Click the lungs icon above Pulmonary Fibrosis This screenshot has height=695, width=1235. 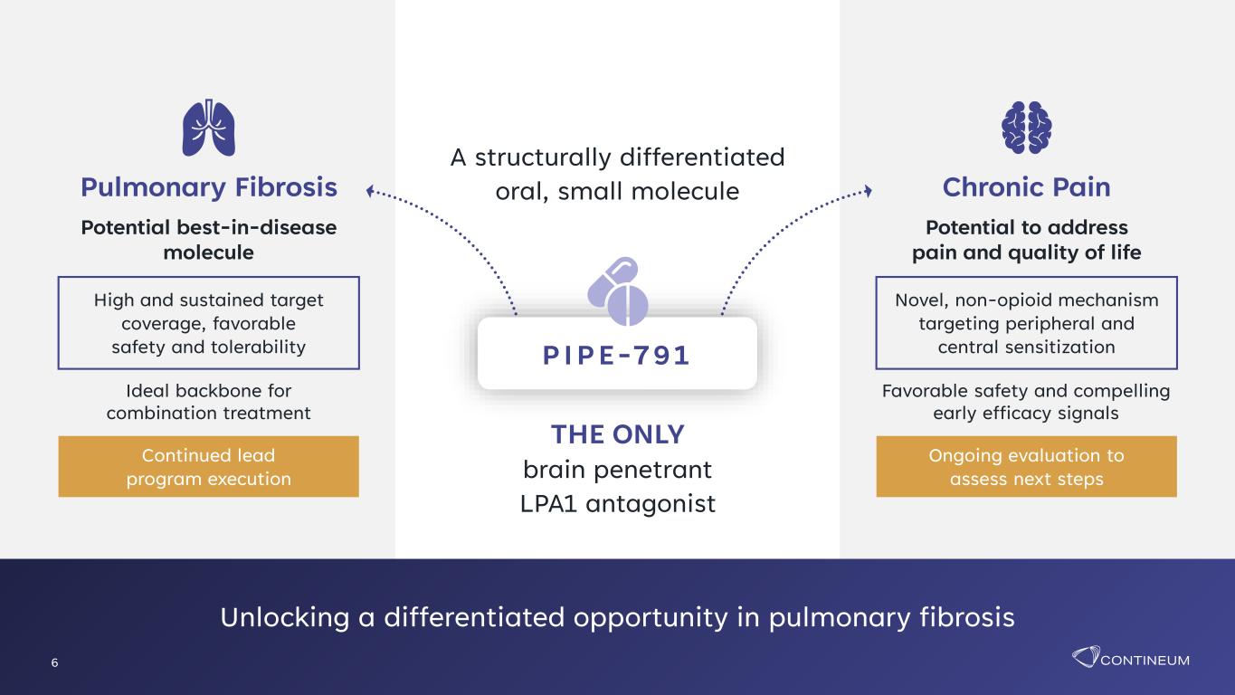pyautogui.click(x=208, y=128)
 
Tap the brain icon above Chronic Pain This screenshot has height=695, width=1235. pyautogui.click(x=1026, y=128)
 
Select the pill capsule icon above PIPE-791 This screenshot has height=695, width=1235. pyautogui.click(x=617, y=290)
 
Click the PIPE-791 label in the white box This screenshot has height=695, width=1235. pyautogui.click(x=616, y=356)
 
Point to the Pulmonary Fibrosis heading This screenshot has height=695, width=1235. pyautogui.click(x=209, y=187)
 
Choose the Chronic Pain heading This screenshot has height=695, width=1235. pyautogui.click(x=1026, y=187)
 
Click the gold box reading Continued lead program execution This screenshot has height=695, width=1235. pyautogui.click(x=208, y=467)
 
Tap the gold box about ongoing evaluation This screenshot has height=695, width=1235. pyautogui.click(x=1026, y=467)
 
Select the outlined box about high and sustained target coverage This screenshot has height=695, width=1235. pyautogui.click(x=208, y=323)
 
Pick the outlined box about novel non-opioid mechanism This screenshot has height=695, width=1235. pyautogui.click(x=1026, y=323)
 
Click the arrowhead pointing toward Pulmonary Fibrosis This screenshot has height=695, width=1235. pyautogui.click(x=371, y=192)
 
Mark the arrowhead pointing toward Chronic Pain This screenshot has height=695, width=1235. pyautogui.click(x=868, y=191)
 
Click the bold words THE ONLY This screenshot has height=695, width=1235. pyautogui.click(x=617, y=434)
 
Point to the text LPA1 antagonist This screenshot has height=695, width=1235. pyautogui.click(x=617, y=503)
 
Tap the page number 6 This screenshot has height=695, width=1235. pyautogui.click(x=54, y=662)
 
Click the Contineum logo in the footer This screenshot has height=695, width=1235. pyautogui.click(x=1130, y=657)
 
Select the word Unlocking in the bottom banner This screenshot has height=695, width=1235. pyautogui.click(x=285, y=617)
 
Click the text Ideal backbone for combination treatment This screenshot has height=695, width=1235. pyautogui.click(x=208, y=402)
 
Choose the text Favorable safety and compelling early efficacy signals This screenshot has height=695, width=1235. pyautogui.click(x=1026, y=402)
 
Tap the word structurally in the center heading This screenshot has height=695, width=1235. pyautogui.click(x=543, y=157)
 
